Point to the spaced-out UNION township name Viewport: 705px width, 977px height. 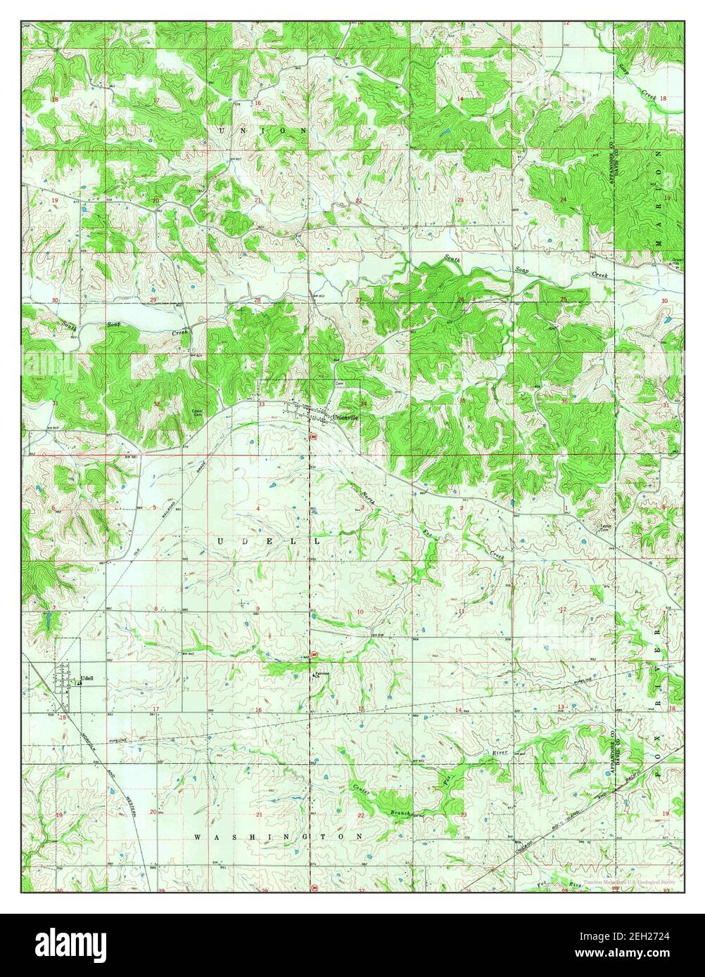[x=263, y=131]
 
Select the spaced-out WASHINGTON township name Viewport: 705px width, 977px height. [x=279, y=837]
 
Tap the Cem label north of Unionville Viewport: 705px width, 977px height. [x=338, y=383]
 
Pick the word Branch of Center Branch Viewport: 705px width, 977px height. [x=400, y=813]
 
